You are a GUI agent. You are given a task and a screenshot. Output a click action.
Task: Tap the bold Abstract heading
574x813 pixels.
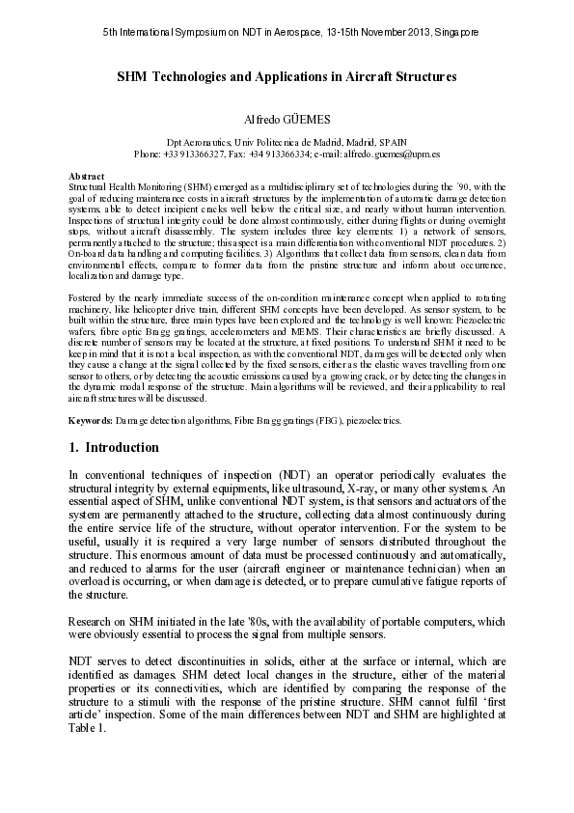pos(88,176)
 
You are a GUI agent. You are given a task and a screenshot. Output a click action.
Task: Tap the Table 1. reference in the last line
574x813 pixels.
pos(89,730)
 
